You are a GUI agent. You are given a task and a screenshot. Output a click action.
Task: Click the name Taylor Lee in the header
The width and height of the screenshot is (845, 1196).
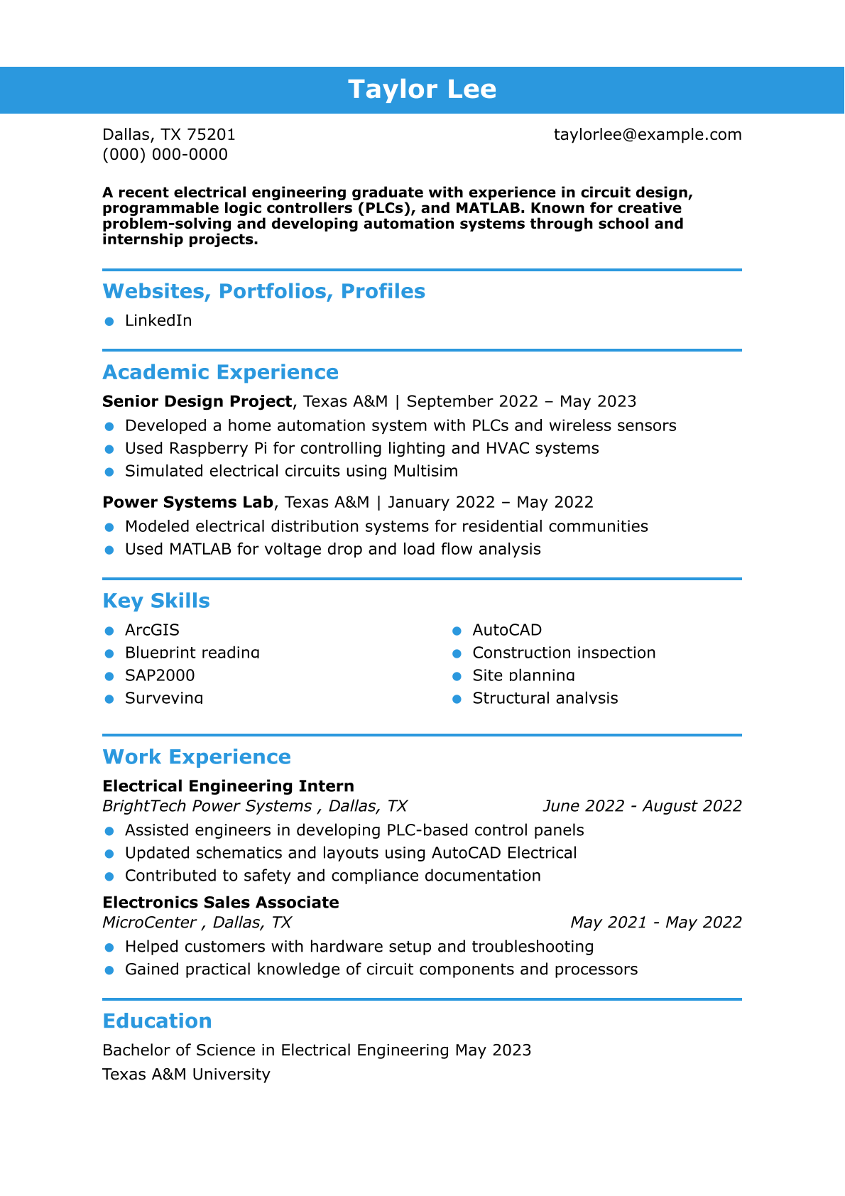pos(422,89)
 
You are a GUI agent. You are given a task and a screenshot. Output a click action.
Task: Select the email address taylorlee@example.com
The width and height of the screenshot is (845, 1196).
pos(647,135)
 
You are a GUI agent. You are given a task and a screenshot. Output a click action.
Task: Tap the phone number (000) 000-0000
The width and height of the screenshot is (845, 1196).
pos(165,155)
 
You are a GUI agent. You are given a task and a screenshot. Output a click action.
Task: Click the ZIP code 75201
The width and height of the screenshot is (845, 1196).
pos(211,135)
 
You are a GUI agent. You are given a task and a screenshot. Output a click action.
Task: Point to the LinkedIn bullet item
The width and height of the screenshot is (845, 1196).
pos(158,321)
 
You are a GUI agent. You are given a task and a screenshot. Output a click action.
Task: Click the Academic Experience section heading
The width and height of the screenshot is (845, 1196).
pos(220,372)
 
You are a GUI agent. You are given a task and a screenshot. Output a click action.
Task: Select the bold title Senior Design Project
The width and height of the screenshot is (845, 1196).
pos(197,402)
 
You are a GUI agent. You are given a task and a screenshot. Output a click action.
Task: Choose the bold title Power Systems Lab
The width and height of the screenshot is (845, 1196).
pos(187,503)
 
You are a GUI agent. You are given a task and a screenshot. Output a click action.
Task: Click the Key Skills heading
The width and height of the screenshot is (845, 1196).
pos(156,601)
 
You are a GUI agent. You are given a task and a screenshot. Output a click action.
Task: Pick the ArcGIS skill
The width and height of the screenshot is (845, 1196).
pos(152,631)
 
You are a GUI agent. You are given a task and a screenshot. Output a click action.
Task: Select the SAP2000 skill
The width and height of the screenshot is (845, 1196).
pos(160,676)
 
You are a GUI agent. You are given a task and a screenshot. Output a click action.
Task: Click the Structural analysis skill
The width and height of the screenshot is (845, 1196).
pos(545,699)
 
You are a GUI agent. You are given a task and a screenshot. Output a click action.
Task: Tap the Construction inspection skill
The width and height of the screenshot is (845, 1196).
pos(564,653)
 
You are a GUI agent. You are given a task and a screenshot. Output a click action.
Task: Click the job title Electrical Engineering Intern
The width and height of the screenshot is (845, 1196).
pos(228,786)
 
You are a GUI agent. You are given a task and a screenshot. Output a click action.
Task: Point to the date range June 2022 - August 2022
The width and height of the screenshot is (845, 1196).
pos(642,807)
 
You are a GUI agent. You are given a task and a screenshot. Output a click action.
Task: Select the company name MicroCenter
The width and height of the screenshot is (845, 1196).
pos(149,923)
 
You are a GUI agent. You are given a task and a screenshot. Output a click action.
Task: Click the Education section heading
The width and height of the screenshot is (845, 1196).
pos(157,1021)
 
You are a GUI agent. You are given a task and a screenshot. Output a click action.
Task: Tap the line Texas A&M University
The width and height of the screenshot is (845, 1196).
pos(186,1075)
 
